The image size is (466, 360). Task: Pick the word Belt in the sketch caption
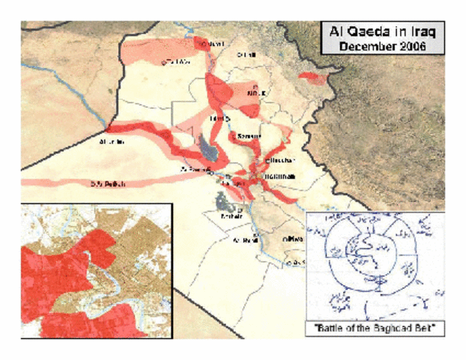coord(424,327)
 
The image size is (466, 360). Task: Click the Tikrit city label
coord(218,118)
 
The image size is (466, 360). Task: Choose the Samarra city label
coord(248,136)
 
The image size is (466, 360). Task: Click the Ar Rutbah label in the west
coord(103,183)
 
